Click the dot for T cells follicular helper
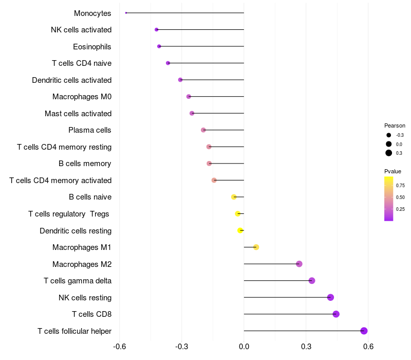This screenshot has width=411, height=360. click(x=364, y=331)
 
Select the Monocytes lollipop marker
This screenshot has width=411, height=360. click(x=126, y=13)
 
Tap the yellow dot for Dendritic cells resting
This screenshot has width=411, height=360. click(x=240, y=230)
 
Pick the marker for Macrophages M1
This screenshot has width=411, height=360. click(x=256, y=247)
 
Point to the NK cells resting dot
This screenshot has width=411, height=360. click(x=330, y=297)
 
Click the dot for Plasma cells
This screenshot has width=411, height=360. click(x=203, y=130)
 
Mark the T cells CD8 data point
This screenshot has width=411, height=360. click(x=336, y=314)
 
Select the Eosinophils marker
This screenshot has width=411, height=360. click(x=159, y=46)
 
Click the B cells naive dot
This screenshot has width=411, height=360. click(x=234, y=197)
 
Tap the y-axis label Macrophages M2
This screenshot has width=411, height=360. click(x=82, y=264)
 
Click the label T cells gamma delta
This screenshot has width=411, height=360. click(x=78, y=281)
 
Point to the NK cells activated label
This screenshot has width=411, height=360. click(x=81, y=30)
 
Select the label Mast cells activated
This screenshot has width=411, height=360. click(x=78, y=114)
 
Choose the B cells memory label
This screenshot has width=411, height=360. click(x=85, y=164)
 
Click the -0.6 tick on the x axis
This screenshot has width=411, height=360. click(x=120, y=347)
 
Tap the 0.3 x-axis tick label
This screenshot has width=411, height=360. click(x=306, y=347)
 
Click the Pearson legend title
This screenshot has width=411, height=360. click(x=395, y=125)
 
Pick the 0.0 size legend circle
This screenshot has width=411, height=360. click(x=389, y=144)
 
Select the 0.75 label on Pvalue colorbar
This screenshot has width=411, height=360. click(x=401, y=186)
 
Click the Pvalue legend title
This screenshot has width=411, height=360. click(x=393, y=171)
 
